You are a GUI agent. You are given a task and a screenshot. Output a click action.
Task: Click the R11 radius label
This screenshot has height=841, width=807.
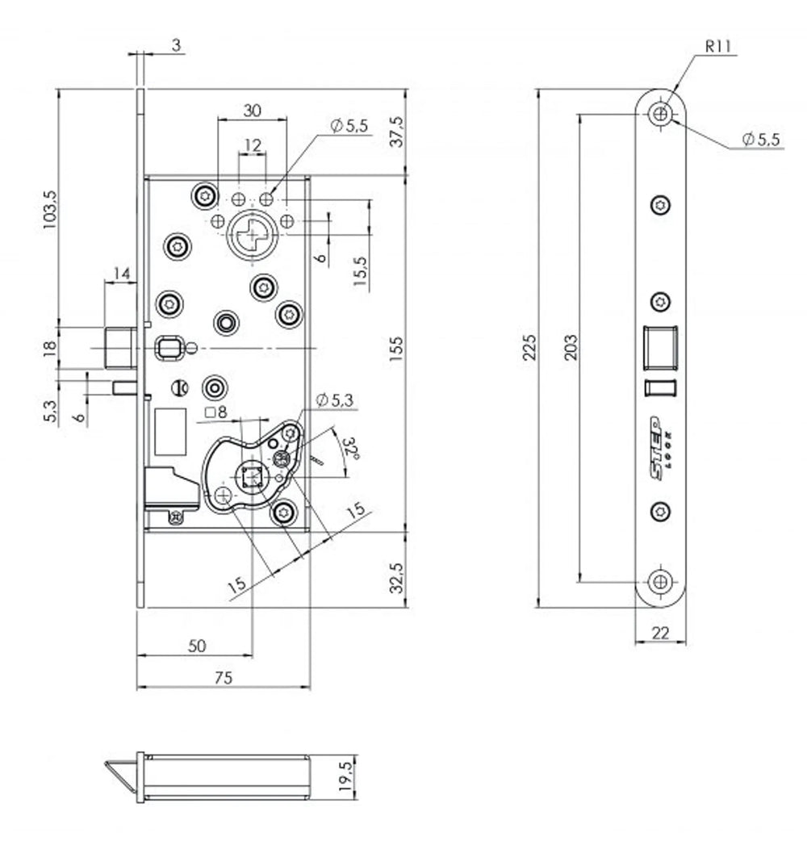tap(717, 47)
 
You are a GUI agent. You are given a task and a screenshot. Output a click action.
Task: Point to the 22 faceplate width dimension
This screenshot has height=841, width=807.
tap(660, 634)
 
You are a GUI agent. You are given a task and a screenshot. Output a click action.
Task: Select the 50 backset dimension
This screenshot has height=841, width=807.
tap(196, 646)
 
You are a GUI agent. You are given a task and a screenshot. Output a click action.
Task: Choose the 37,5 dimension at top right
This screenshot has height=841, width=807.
tap(396, 132)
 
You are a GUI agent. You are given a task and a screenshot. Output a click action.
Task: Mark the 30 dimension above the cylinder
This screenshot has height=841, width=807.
tap(252, 110)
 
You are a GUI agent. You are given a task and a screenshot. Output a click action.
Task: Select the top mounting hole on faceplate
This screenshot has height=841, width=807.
tap(661, 114)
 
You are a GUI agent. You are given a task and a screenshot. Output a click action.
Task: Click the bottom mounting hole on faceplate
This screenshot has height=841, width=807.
tap(661, 581)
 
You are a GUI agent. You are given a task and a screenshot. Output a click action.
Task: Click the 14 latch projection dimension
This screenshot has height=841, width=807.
tap(123, 273)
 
